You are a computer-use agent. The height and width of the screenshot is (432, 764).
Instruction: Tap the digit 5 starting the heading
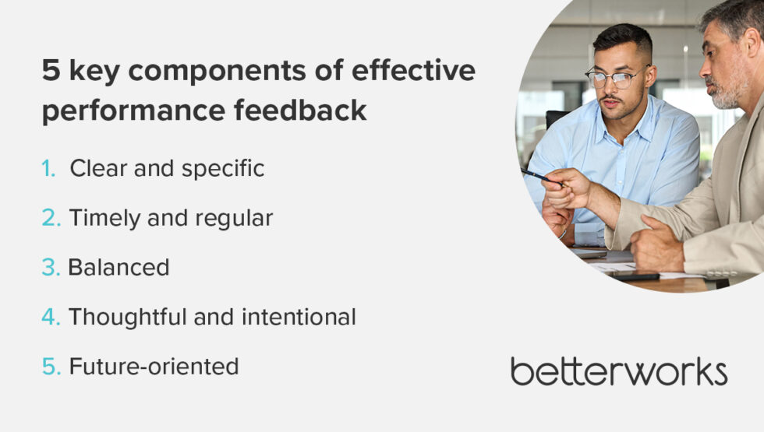coord(51,72)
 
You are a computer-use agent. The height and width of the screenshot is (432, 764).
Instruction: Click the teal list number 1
coord(49,168)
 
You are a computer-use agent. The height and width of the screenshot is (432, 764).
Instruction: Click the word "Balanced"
coord(118,268)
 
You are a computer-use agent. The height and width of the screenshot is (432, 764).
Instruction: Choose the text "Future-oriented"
coord(154,367)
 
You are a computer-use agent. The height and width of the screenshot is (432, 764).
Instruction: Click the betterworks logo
coord(619,371)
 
